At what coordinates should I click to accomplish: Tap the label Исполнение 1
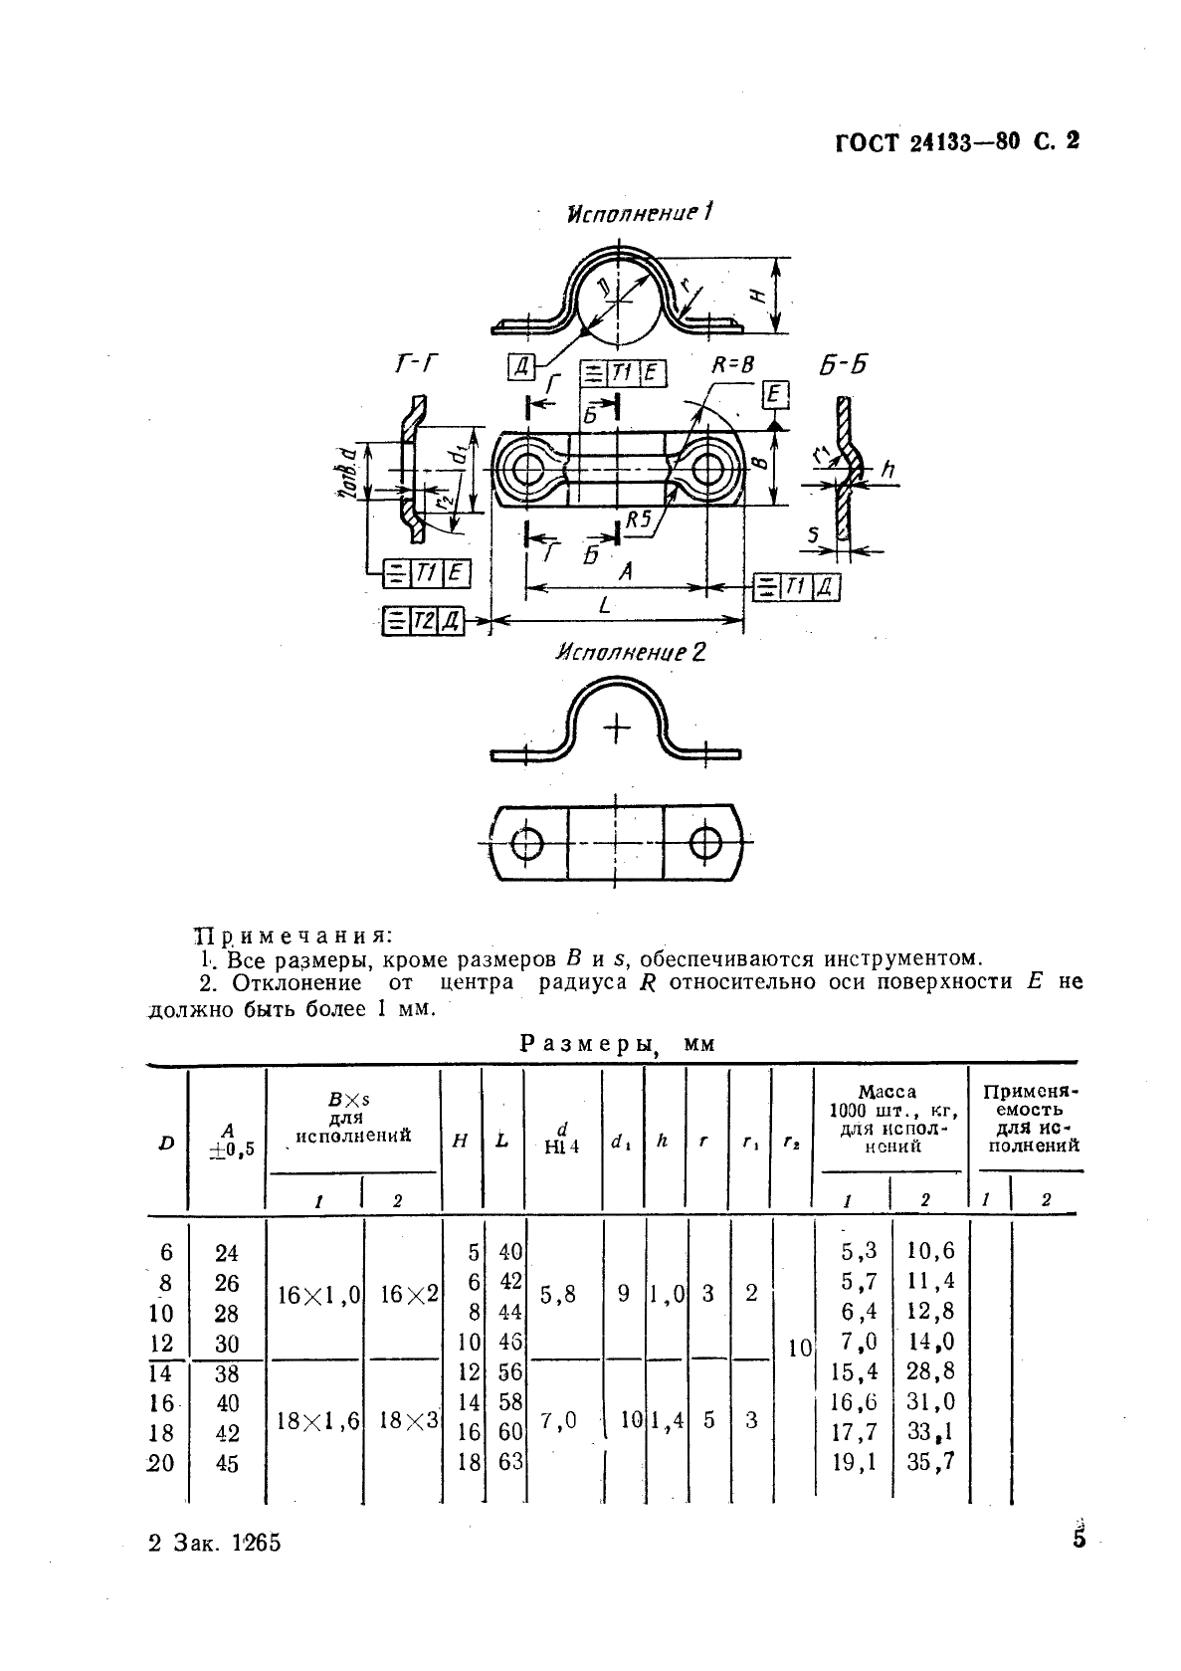coord(640,213)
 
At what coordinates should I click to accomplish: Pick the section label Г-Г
coord(415,364)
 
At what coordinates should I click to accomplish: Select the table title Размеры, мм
coord(618,1044)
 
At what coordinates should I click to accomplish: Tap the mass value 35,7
coord(930,1462)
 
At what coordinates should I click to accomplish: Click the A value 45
coord(227,1463)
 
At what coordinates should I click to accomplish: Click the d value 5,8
coord(558,1295)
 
